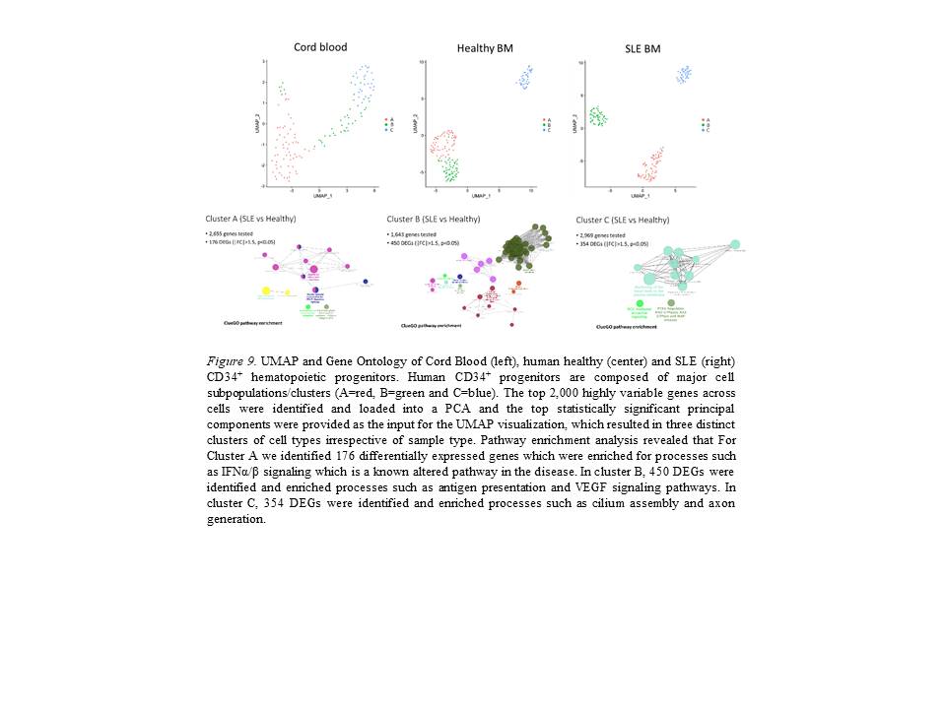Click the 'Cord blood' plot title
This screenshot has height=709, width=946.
[x=320, y=46]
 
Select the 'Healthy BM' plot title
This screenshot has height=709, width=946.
[x=485, y=48]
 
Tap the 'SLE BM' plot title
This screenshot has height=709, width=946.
[x=646, y=48]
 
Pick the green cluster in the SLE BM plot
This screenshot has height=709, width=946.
[x=597, y=116]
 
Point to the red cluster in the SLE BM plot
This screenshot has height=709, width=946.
[x=650, y=162]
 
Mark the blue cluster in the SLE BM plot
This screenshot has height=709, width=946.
[x=683, y=74]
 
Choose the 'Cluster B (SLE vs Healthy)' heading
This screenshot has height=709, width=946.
[x=434, y=219]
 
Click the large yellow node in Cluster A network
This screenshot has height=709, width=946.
[x=266, y=291]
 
